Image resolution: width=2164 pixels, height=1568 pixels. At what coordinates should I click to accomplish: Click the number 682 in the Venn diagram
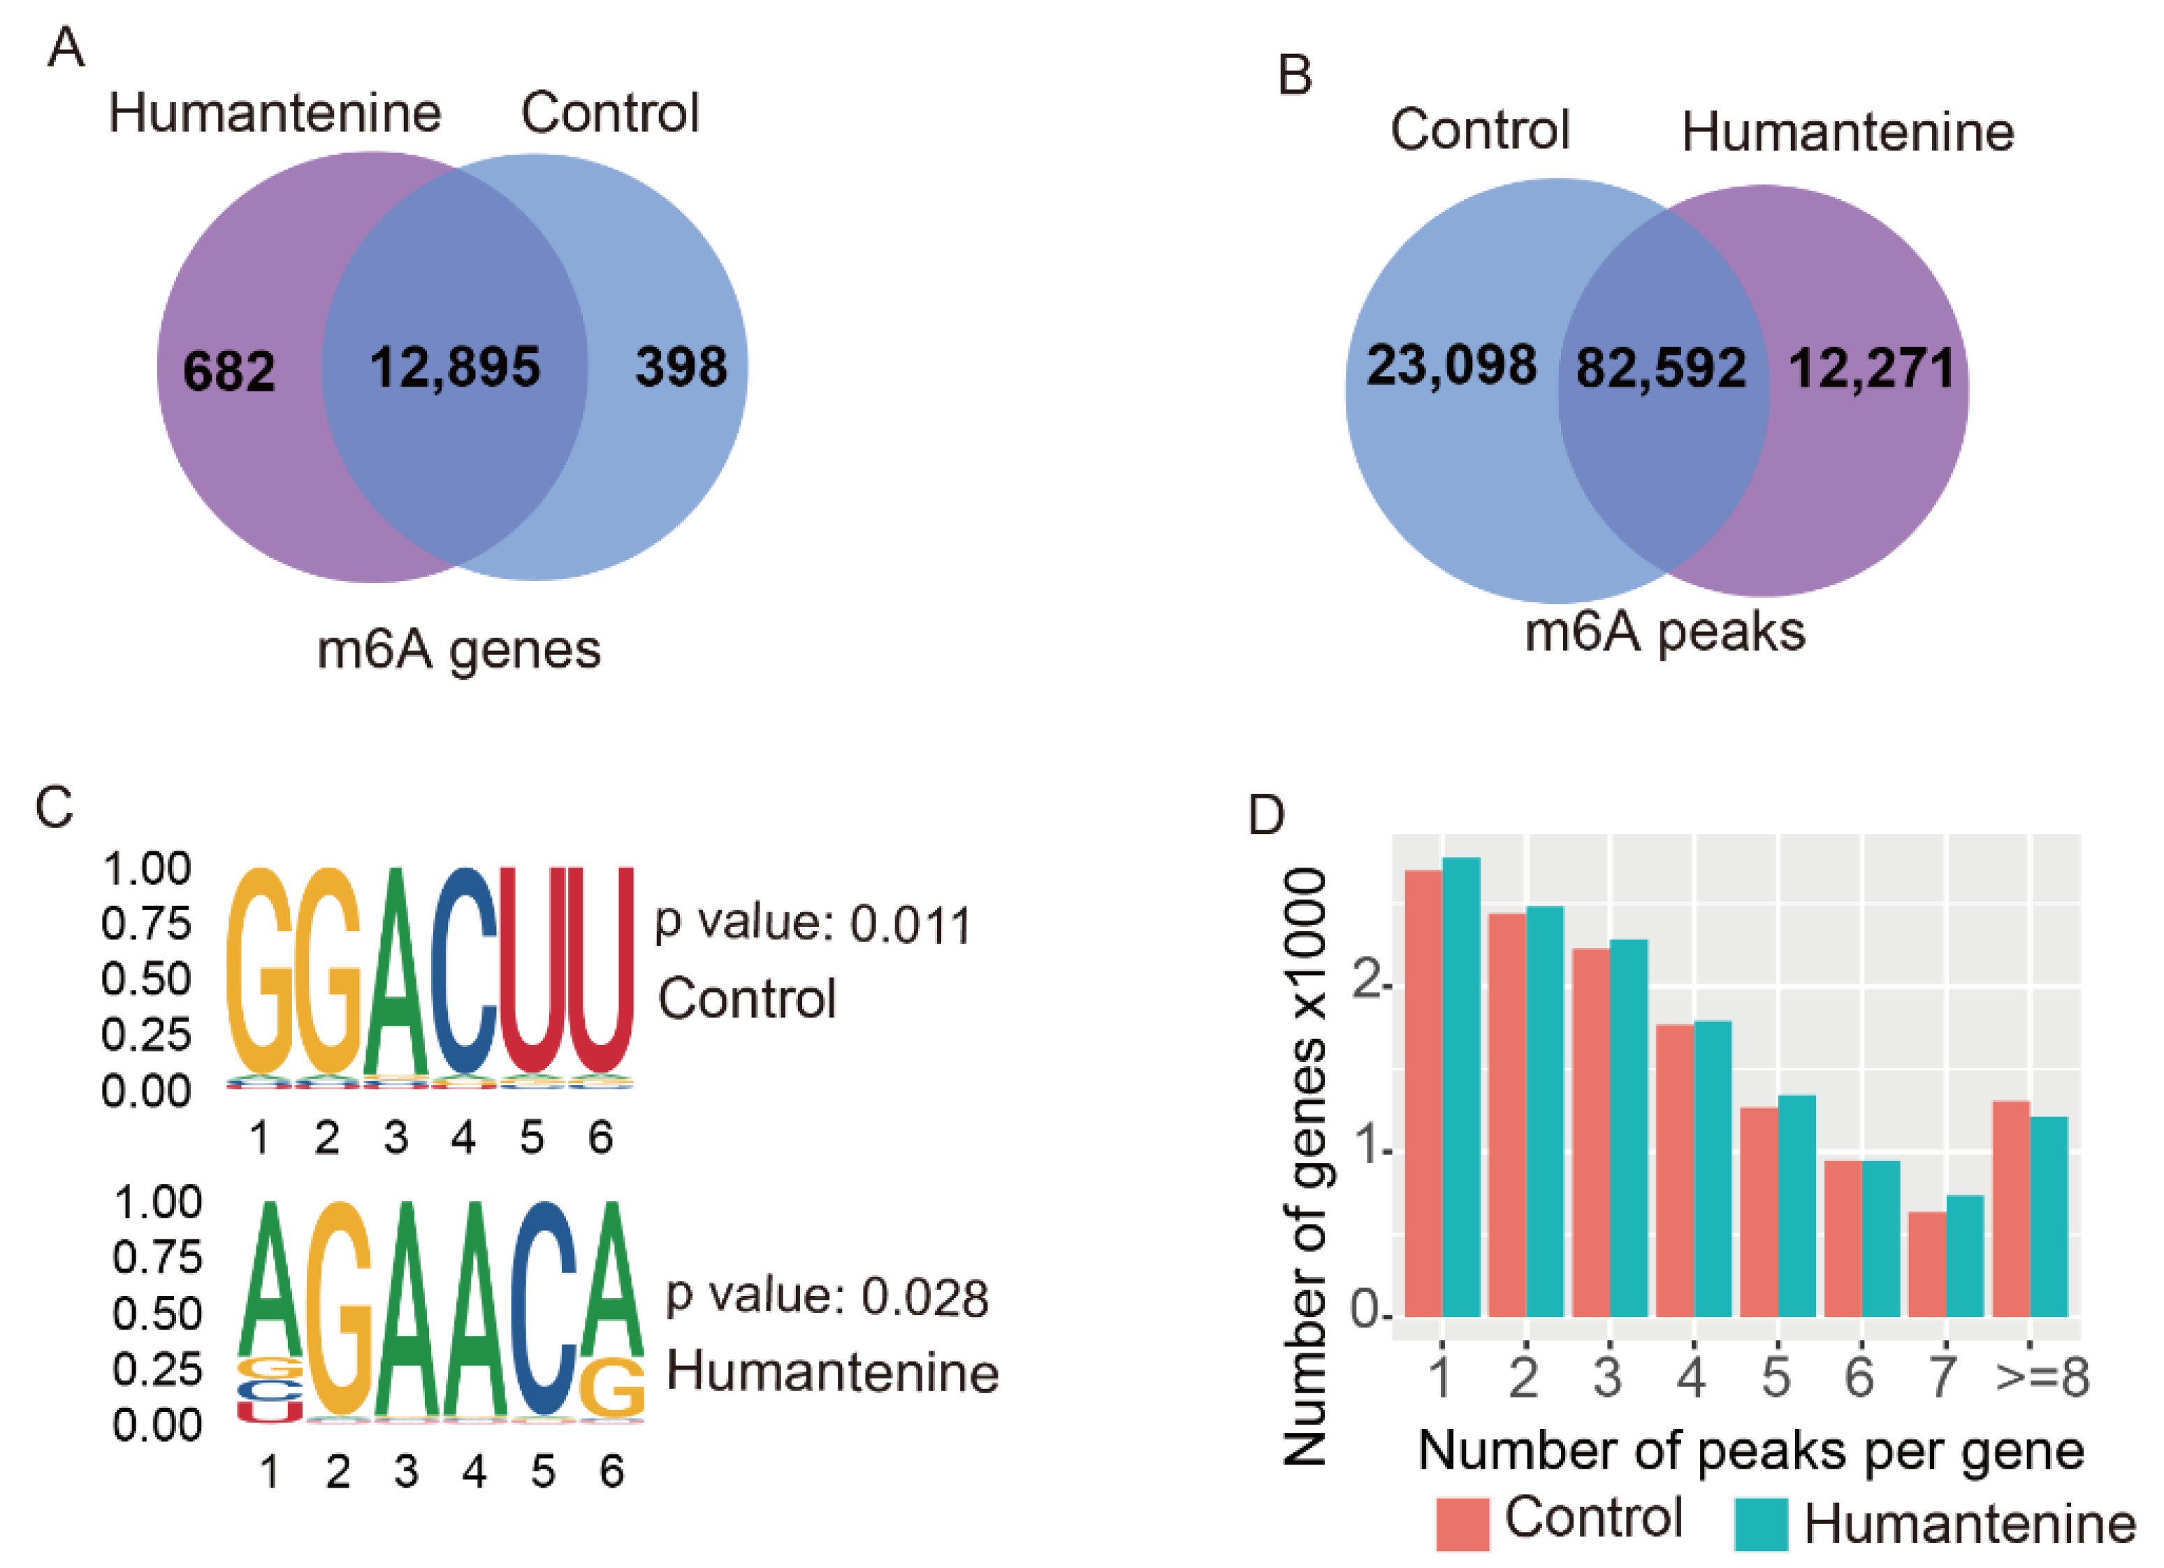pyautogui.click(x=229, y=371)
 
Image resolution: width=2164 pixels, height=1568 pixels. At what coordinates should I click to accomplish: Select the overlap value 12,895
pyautogui.click(x=455, y=368)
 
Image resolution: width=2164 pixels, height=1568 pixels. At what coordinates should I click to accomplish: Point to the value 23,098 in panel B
pyautogui.click(x=1451, y=366)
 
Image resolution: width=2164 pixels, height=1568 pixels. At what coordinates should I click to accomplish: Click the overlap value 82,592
pyautogui.click(x=1661, y=368)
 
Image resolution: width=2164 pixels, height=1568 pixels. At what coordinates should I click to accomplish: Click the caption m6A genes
pyautogui.click(x=459, y=651)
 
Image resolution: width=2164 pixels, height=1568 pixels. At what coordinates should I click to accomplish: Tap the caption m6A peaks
pyautogui.click(x=1665, y=632)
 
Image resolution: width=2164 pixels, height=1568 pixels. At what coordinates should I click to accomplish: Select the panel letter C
pyautogui.click(x=55, y=807)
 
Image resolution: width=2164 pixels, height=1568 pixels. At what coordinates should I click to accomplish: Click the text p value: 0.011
pyautogui.click(x=813, y=923)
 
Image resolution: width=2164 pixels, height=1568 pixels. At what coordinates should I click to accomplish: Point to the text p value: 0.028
pyautogui.click(x=827, y=1296)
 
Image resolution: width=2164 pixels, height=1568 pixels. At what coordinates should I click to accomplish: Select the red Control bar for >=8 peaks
pyautogui.click(x=2012, y=1209)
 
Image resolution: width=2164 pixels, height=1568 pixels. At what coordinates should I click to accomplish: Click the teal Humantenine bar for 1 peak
pyautogui.click(x=1461, y=1088)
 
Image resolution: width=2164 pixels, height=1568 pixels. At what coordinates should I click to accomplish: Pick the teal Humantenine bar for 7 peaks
pyautogui.click(x=1965, y=1256)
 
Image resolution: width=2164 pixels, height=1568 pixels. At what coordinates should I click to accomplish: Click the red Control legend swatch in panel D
pyautogui.click(x=1462, y=1524)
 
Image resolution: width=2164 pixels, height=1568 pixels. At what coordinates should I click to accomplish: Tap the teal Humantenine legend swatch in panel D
pyautogui.click(x=1760, y=1524)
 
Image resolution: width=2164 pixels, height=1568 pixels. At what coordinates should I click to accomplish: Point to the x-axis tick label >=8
pyautogui.click(x=2042, y=1377)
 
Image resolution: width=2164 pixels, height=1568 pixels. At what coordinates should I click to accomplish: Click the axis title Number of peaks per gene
pyautogui.click(x=1751, y=1451)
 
